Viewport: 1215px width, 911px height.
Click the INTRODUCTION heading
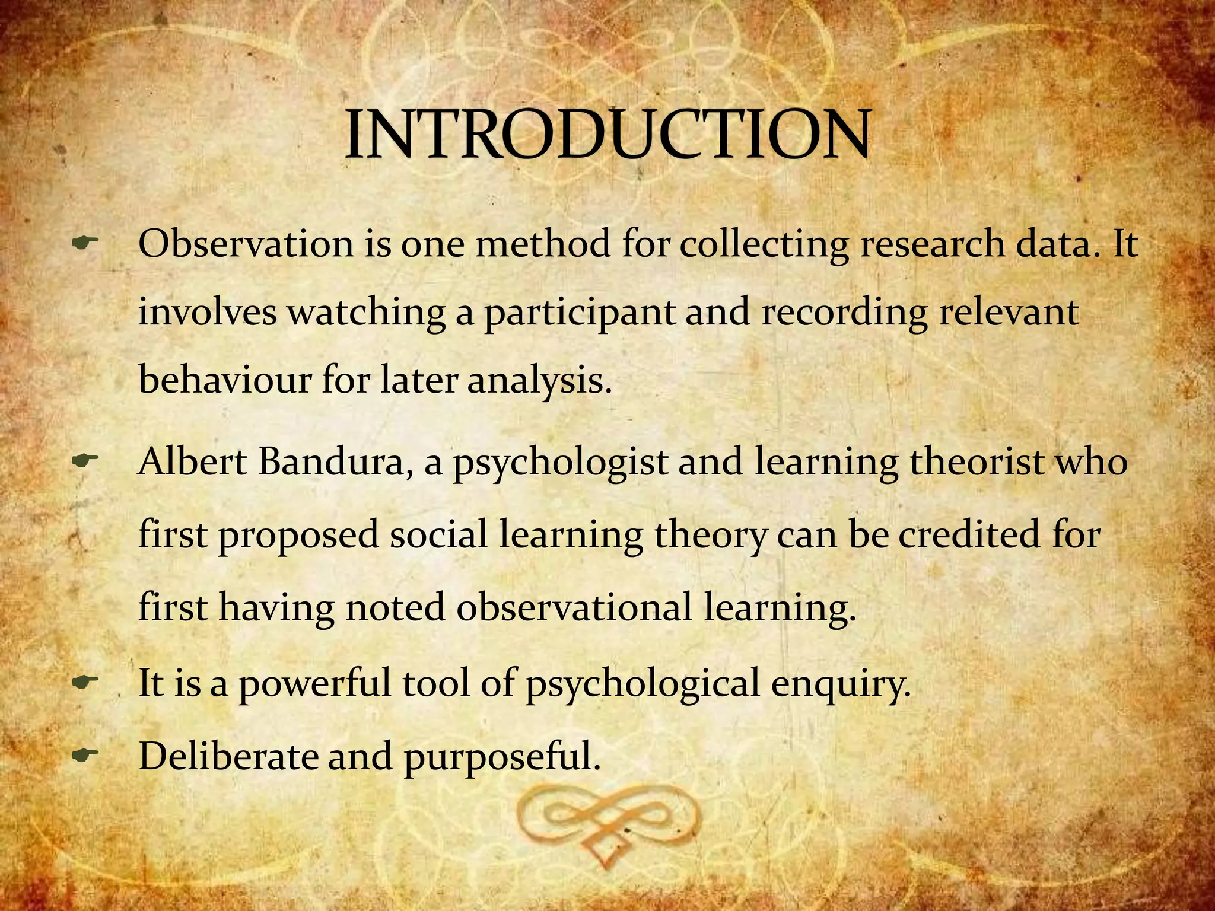pyautogui.click(x=607, y=135)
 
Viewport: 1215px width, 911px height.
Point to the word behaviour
pyautogui.click(x=225, y=380)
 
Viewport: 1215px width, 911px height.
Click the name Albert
pyautogui.click(x=192, y=461)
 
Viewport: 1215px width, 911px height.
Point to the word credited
pyautogui.click(x=969, y=534)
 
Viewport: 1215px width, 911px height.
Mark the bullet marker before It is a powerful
pyautogui.click(x=84, y=682)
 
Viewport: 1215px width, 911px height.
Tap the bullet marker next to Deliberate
pyautogui.click(x=84, y=755)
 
